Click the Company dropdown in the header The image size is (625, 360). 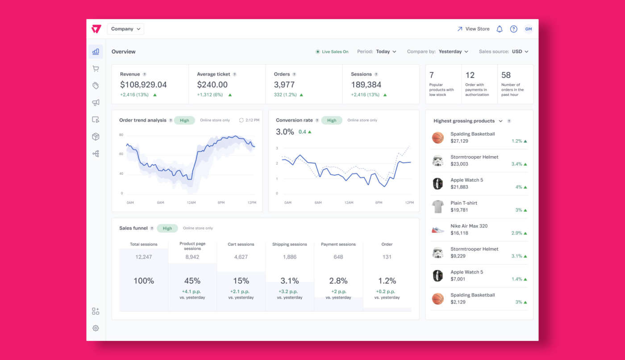125,29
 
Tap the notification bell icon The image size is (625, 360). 500,29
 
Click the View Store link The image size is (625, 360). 473,29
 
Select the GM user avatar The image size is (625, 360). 528,29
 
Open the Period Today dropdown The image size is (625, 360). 386,52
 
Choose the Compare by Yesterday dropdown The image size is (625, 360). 453,52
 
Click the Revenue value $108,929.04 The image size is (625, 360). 143,85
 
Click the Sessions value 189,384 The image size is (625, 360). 366,85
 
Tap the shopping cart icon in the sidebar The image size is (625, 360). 96,69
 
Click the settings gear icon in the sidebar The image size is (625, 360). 96,328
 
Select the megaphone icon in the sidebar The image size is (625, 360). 96,103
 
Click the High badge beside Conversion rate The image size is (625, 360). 332,120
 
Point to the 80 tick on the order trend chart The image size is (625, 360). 121,134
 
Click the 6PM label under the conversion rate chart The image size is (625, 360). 379,203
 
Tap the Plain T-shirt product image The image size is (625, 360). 438,207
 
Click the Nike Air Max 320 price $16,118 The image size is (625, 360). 459,233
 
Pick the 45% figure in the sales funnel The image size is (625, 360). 192,281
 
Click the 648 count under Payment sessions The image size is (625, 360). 338,257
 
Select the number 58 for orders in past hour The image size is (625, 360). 506,75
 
